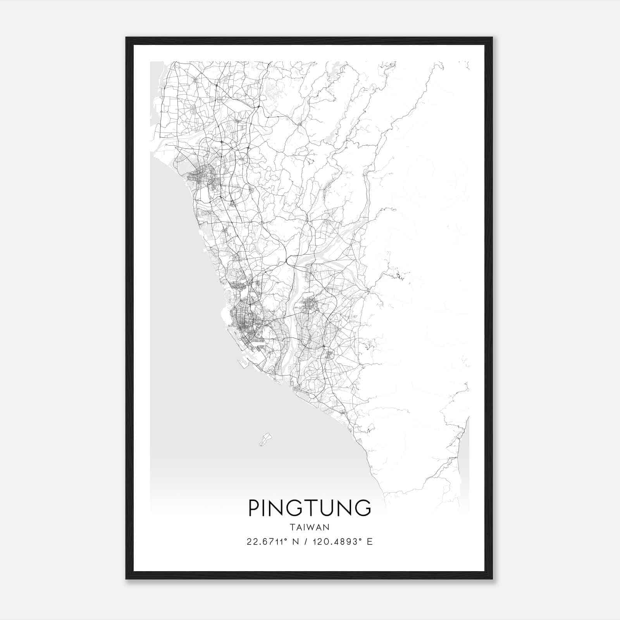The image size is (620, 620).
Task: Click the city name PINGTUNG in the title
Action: pyautogui.click(x=309, y=508)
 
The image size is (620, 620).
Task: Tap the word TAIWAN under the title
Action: pyautogui.click(x=309, y=527)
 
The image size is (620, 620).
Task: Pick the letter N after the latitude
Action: pyautogui.click(x=296, y=542)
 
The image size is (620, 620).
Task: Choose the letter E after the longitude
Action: pyautogui.click(x=370, y=542)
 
